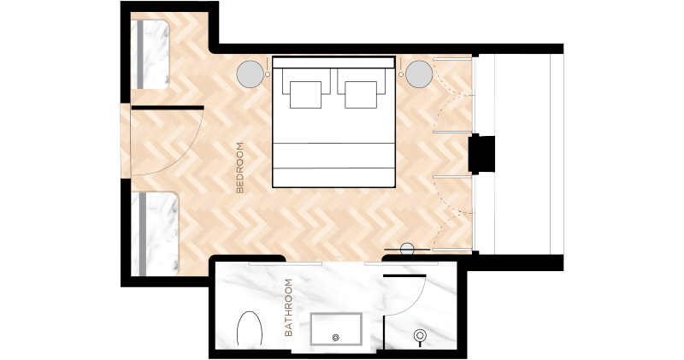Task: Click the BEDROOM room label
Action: point(240,168)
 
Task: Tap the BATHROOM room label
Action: point(288,308)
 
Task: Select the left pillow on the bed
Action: point(306,95)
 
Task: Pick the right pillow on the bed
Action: point(361,95)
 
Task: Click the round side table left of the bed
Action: point(250,74)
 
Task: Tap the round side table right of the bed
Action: point(419,74)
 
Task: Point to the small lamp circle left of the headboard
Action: point(268,74)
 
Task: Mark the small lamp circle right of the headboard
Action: point(401,74)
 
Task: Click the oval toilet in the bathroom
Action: point(250,328)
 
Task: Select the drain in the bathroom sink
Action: point(335,337)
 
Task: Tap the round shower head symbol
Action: point(420,335)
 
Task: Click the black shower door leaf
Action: point(404,276)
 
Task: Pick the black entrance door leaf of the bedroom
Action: point(168,108)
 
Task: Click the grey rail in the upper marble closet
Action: point(140,54)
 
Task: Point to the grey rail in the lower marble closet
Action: point(143,234)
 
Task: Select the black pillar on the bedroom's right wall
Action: point(481,154)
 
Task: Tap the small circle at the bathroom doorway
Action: point(407,249)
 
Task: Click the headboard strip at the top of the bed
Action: point(333,62)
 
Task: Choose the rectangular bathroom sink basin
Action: point(336,328)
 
